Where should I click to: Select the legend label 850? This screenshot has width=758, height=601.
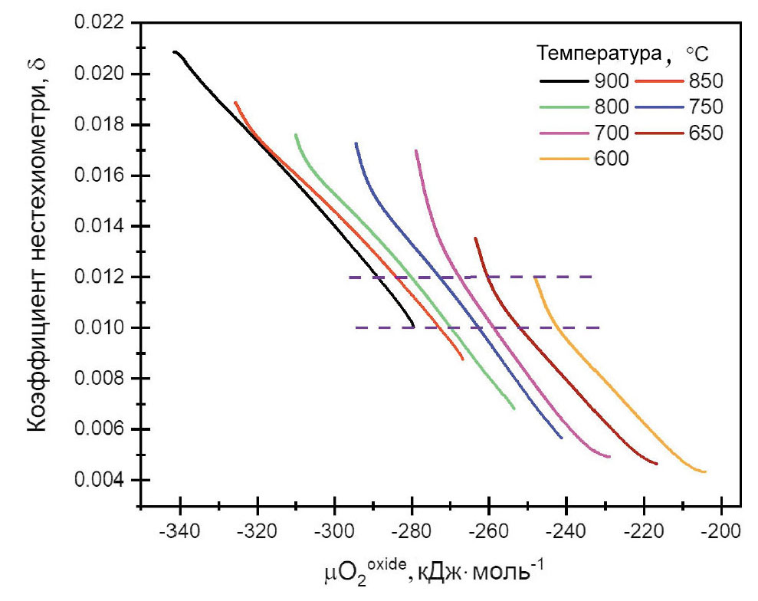point(706,80)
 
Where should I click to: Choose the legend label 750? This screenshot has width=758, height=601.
point(706,107)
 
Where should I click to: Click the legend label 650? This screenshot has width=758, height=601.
point(706,133)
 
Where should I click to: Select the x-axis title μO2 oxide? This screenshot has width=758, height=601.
point(433,571)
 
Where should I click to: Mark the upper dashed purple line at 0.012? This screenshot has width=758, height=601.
point(537,277)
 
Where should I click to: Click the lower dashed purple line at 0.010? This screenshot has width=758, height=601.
point(552,327)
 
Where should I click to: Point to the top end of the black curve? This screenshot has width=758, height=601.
point(175,52)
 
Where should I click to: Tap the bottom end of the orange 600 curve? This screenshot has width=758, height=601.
point(704,471)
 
